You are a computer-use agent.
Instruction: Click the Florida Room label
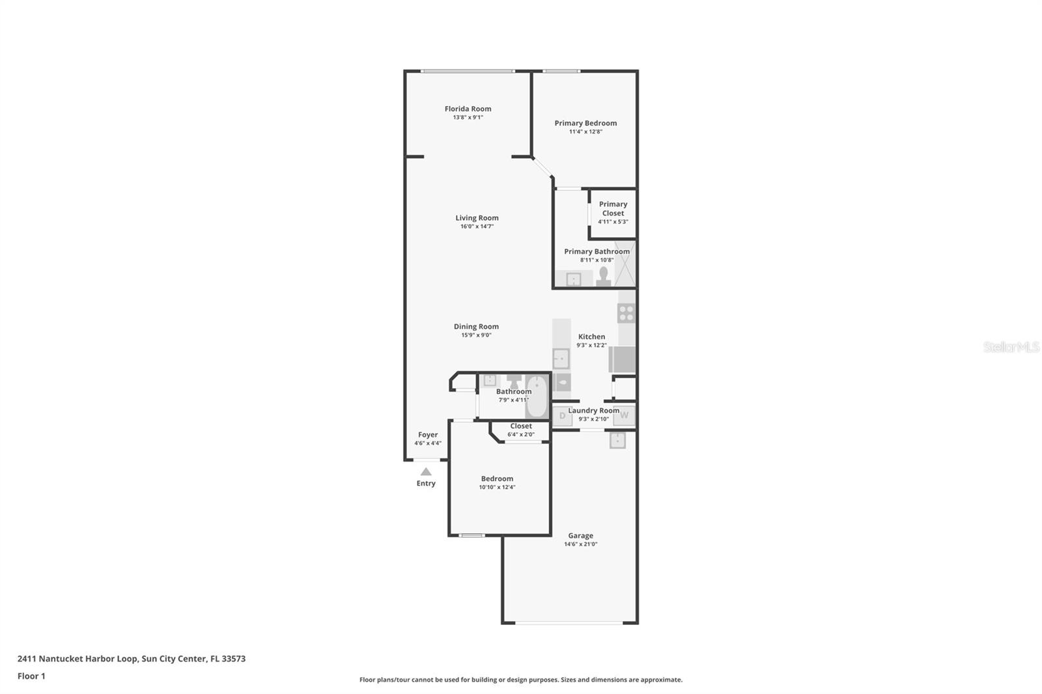[468, 109]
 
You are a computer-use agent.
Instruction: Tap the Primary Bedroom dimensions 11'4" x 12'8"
[585, 132]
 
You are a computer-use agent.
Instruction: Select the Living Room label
[477, 218]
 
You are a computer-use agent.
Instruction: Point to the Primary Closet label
[613, 208]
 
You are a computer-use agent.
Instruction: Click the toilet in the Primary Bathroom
[604, 277]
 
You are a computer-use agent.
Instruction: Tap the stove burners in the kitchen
[627, 313]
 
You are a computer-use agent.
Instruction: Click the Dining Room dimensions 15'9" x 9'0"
[476, 335]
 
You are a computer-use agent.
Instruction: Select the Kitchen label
[591, 337]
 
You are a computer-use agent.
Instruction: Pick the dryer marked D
[562, 415]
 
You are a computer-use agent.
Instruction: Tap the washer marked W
[624, 415]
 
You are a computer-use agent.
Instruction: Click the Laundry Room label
[593, 410]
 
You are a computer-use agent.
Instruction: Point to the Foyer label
[428, 435]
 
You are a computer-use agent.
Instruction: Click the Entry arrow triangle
[425, 471]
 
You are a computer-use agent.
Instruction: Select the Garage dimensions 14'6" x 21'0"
[580, 544]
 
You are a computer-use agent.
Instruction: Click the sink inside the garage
[617, 441]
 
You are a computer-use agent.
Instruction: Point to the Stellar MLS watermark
[1011, 347]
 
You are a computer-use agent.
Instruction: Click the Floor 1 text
[31, 676]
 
